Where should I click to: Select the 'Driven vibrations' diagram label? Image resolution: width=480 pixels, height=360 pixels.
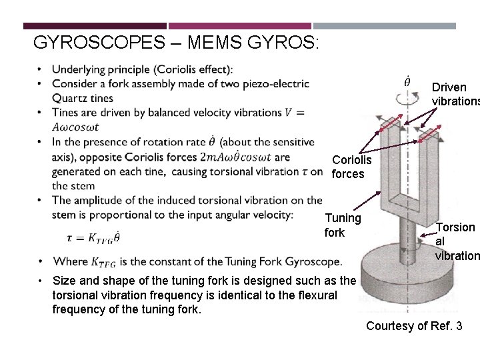[451, 94]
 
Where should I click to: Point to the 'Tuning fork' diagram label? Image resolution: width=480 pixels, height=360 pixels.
[343, 225]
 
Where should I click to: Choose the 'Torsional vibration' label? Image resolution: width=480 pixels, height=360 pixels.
[455, 241]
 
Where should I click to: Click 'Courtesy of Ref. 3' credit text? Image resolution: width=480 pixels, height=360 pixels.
[413, 326]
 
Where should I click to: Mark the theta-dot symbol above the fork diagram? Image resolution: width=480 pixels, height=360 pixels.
[407, 82]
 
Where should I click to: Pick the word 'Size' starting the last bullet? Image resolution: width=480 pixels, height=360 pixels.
[64, 281]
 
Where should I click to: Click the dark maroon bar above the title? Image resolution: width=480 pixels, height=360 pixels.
[95, 26]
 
